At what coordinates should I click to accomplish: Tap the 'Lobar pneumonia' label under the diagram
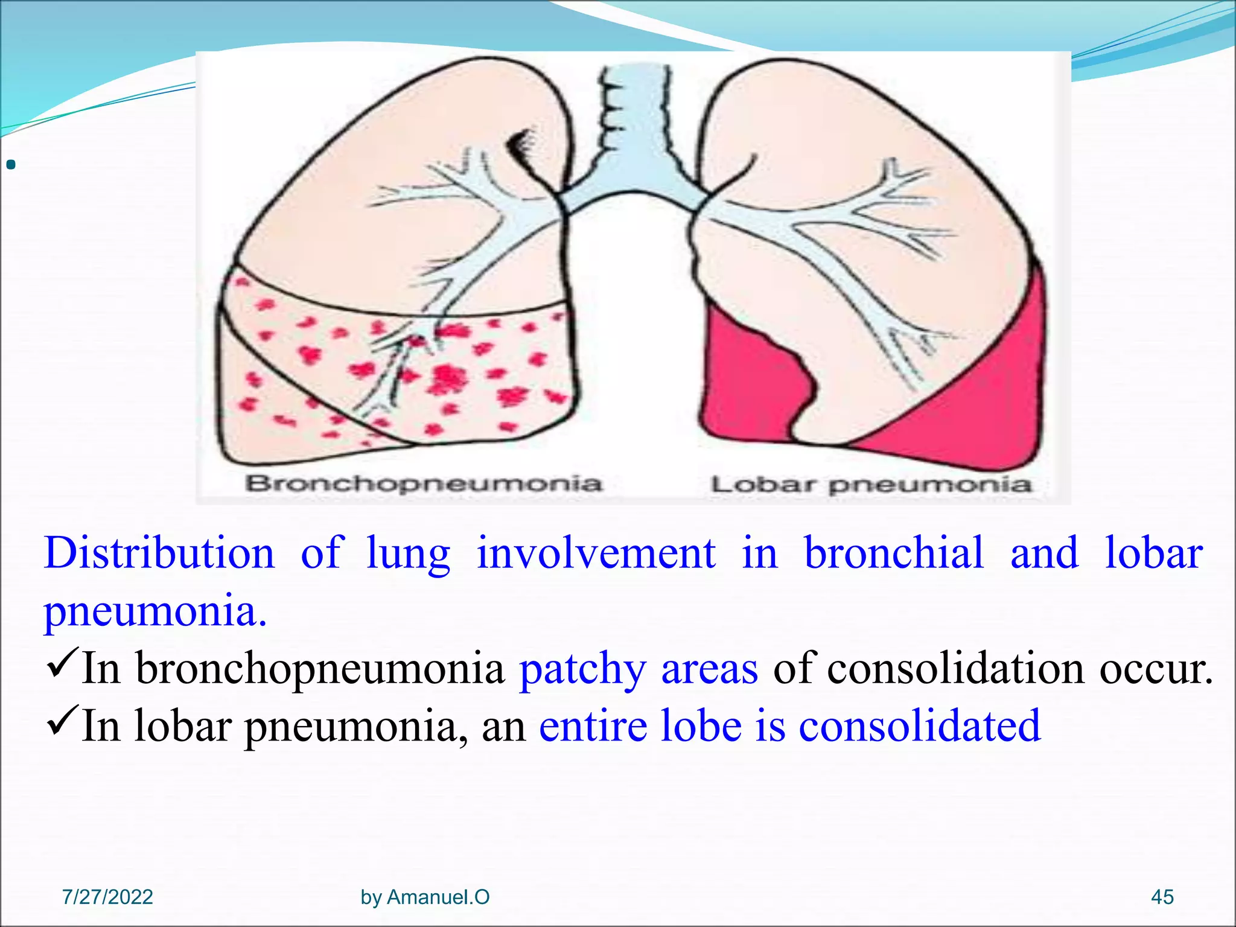871,484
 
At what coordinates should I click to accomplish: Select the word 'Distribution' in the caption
159,553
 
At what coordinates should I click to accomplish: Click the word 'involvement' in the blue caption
596,553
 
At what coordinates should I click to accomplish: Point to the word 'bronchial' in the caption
894,553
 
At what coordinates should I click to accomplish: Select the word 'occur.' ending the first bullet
1155,669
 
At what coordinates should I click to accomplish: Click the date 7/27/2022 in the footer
107,897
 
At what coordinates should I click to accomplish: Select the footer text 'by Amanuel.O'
425,897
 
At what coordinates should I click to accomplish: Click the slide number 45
1162,897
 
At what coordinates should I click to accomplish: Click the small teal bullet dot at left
10,164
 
